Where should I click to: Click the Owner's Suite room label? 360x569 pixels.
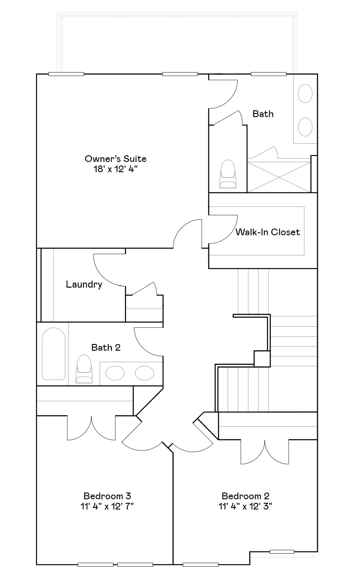tap(115, 159)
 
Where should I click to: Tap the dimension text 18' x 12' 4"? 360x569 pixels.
tap(115, 169)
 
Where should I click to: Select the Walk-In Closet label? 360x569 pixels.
tap(267, 232)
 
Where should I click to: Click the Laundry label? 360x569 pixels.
tap(84, 284)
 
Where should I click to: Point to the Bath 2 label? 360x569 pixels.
tap(106, 348)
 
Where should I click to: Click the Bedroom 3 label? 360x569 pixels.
tap(107, 496)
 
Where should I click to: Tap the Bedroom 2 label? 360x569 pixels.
tap(245, 496)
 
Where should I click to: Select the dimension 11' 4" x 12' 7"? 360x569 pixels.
tap(107, 506)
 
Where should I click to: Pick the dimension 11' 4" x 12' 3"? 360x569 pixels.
tap(245, 506)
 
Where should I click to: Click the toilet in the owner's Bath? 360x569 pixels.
tap(228, 174)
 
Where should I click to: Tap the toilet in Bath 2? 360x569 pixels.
tap(84, 369)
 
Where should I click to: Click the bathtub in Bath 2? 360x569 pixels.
tap(54, 354)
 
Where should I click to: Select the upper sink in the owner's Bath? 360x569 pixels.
tap(305, 93)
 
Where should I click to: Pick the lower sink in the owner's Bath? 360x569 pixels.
tap(305, 127)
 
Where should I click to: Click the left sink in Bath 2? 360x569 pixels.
tap(115, 373)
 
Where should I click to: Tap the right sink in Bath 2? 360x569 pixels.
tap(144, 373)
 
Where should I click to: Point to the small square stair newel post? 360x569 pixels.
tap(262, 359)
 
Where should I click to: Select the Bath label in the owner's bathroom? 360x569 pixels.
tap(263, 114)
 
